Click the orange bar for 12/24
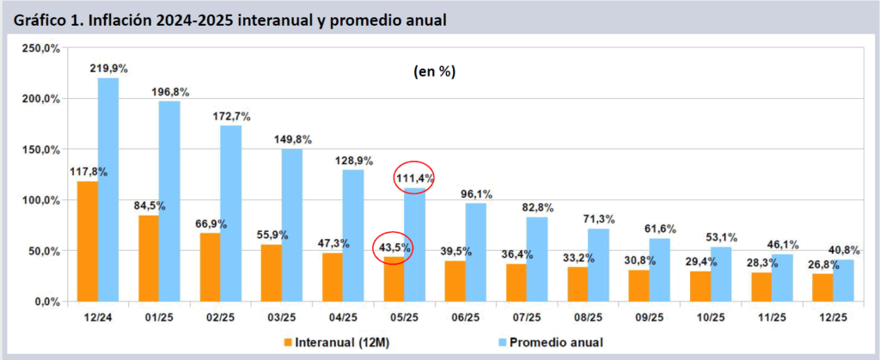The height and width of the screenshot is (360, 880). point(88,241)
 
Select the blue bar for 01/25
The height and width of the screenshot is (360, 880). point(170,201)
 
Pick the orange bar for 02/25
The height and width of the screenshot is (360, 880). point(211,267)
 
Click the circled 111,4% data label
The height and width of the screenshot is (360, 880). point(414,179)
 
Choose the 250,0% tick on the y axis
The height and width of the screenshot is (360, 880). point(40,48)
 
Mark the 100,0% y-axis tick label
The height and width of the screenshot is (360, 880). point(40,200)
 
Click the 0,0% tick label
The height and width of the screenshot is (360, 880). point(45,302)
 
